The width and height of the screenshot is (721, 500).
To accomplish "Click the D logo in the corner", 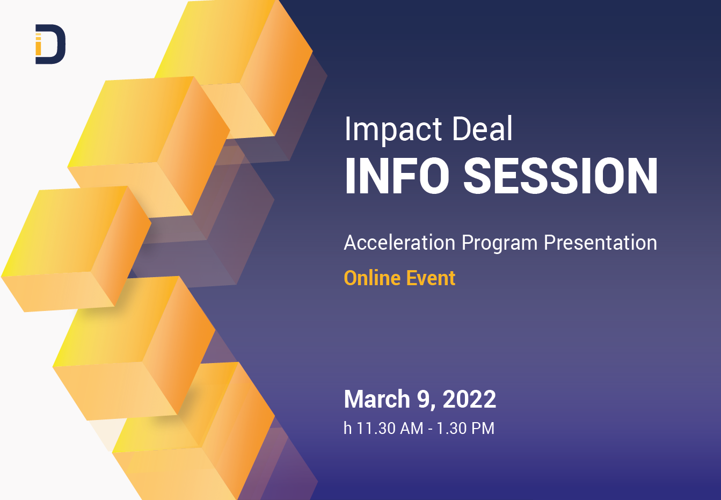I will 50,44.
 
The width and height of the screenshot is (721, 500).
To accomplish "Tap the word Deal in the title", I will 482,129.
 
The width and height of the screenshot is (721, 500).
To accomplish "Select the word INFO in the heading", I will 397,176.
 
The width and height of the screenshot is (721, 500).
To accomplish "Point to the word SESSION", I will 560,176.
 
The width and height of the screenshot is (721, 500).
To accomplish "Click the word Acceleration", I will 399,243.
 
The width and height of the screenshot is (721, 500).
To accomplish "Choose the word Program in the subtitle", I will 499,244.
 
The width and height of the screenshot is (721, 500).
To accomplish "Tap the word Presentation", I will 600,243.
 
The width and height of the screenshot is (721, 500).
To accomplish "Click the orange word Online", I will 372,278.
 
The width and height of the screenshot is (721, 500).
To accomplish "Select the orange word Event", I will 431,278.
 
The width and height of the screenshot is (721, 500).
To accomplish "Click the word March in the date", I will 377,400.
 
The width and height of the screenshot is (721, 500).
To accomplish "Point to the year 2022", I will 469,400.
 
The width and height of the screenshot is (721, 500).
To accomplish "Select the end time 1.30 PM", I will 465,429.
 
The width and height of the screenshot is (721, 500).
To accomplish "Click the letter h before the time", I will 348,429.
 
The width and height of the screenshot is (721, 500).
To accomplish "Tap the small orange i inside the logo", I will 38,46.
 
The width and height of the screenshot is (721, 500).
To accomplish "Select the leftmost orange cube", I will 75,247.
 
